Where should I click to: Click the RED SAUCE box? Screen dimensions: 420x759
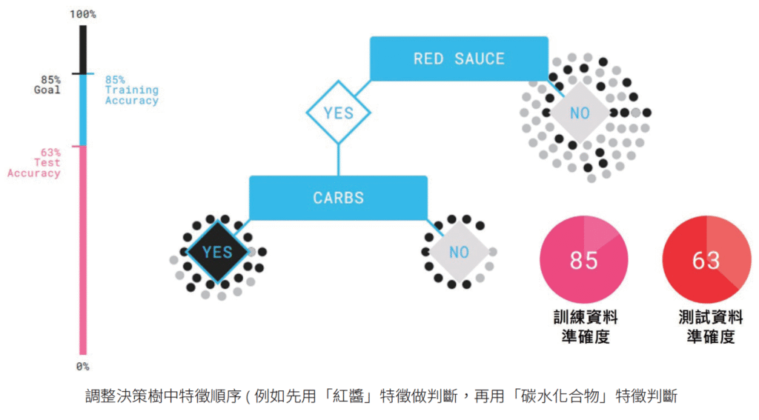tap(459, 59)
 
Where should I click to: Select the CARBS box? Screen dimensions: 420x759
tap(338, 198)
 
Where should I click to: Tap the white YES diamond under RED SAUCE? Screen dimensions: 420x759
tap(339, 113)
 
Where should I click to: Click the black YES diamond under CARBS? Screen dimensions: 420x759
tap(217, 251)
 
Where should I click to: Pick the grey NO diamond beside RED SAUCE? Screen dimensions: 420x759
tap(580, 113)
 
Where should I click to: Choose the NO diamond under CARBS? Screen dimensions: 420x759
tap(459, 252)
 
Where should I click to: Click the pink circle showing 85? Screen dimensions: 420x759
tap(583, 260)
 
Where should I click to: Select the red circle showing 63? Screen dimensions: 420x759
tap(705, 260)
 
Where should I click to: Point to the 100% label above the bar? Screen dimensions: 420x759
tap(82, 14)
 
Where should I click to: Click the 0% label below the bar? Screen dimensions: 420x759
tap(82, 366)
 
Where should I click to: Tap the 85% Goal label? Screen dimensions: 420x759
tap(51, 84)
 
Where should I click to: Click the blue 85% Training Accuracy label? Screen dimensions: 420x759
tap(131, 90)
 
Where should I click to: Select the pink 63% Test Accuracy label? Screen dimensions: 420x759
tap(35, 162)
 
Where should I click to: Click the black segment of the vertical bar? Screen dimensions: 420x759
tap(83, 50)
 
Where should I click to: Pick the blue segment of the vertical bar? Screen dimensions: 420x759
tap(83, 110)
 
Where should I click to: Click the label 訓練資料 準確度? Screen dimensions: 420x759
tap(585, 327)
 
